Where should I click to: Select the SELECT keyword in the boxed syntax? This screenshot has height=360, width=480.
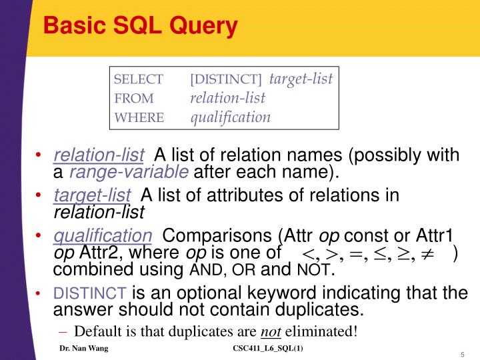pos(139,79)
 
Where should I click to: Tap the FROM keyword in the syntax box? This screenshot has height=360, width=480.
pos(134,99)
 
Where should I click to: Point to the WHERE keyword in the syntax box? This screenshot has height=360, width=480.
pos(139,118)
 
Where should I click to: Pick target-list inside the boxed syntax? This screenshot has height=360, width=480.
pos(301,79)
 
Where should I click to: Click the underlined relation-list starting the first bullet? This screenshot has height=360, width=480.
pos(99,156)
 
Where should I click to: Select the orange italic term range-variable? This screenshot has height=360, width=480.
pos(129,173)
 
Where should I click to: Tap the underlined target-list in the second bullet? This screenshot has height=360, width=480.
pos(92,195)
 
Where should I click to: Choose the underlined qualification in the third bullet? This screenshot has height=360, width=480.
pos(103,236)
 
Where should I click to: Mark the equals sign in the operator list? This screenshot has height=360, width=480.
pos(357,254)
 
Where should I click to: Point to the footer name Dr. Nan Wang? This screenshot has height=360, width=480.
pos(83,349)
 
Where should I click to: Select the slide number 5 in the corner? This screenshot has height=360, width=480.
pos(462,354)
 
